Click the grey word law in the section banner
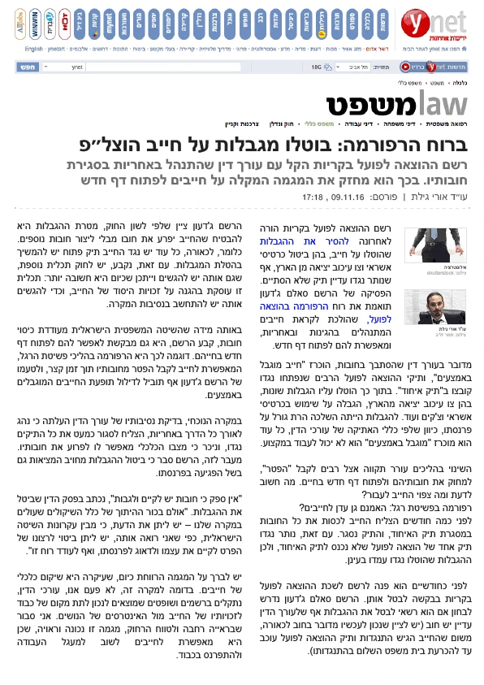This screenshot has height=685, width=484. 442,104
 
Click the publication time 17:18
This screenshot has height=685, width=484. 313,197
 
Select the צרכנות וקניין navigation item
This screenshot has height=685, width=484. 241,124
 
